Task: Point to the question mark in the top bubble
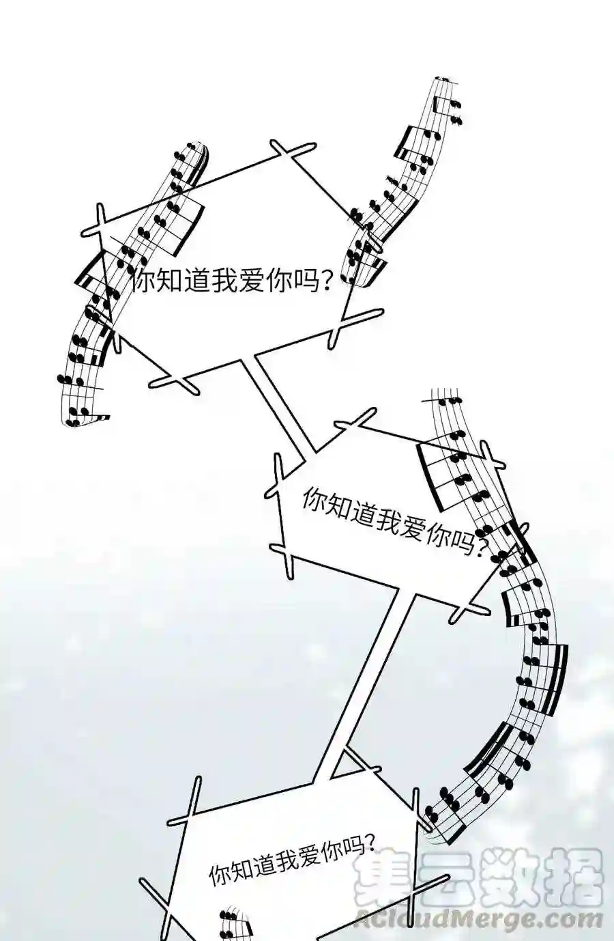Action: [324, 281]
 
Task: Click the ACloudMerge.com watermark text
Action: [478, 920]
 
